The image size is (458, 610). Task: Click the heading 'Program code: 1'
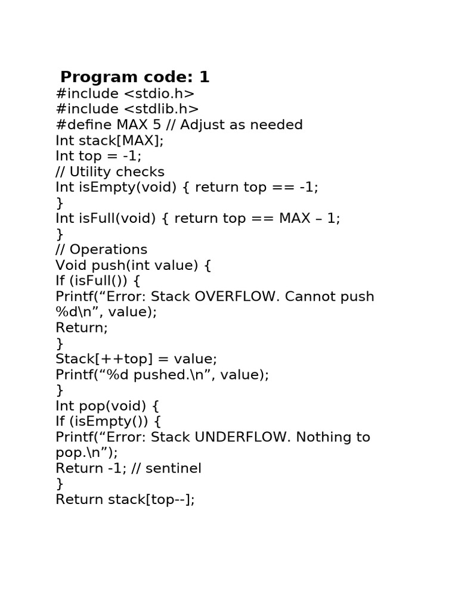coord(135,77)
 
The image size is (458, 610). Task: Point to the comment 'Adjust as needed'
coord(242,125)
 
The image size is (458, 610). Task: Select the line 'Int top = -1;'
coord(99,156)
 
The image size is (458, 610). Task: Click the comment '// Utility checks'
coord(110,172)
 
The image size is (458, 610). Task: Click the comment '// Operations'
coord(101,250)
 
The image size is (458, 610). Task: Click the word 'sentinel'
coord(174,468)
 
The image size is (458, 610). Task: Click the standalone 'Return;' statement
coord(82,328)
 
